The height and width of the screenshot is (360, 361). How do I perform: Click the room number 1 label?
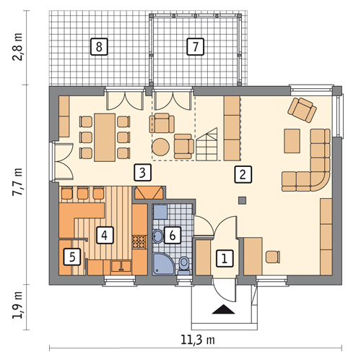point(225,259)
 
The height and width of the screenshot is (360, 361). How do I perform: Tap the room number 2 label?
point(243,174)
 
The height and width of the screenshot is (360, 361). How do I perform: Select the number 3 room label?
point(143,173)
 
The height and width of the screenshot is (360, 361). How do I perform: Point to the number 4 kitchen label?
point(105,235)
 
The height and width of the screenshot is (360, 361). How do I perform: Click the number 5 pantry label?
point(72,257)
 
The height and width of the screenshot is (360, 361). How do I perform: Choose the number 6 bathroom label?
point(173,235)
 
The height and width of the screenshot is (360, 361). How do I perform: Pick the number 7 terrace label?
point(195,46)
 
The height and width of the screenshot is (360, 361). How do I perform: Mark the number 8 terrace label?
point(99,46)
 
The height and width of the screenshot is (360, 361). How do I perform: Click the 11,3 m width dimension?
point(198,340)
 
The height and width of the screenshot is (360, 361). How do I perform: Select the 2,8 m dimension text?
point(18,47)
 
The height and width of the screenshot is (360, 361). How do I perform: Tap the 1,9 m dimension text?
point(18,305)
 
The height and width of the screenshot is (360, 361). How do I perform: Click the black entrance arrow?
point(223,309)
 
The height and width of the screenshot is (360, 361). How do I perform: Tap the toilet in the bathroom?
point(184,265)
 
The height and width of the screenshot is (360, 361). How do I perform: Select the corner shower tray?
point(164,264)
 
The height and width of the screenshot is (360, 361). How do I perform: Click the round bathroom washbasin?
point(158,236)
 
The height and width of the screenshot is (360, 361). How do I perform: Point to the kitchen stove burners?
point(139,241)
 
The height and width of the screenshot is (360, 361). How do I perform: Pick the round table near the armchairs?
point(160,147)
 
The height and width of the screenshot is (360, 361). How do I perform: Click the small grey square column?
point(242,200)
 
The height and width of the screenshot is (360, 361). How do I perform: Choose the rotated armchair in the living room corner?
point(303,110)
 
